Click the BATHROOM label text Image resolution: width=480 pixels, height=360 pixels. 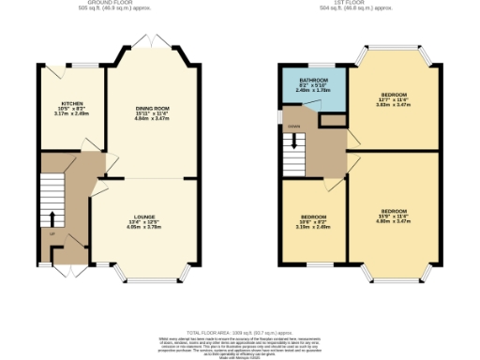[313, 81]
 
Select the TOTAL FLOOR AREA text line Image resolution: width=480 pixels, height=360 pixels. [240, 333]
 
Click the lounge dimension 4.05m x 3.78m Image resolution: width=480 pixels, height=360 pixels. [143, 227]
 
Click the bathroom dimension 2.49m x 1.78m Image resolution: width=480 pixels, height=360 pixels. [313, 91]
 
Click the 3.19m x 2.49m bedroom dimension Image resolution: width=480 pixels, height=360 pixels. [313, 227]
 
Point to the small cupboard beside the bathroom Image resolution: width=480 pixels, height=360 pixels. [331, 120]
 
